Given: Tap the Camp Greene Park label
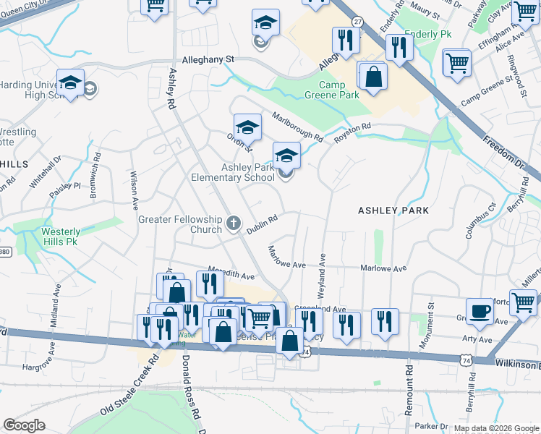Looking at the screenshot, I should (339, 90).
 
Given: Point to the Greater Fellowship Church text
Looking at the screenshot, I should (180, 224).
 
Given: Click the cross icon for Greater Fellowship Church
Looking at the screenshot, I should (233, 224).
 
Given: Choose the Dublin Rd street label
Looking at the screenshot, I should (262, 225).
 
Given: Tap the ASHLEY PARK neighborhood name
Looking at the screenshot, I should (393, 210).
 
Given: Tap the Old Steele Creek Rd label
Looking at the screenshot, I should (130, 387).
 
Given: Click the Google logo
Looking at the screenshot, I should (24, 425).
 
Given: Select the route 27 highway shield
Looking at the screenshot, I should (357, 22).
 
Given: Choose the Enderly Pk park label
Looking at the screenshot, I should (427, 34).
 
